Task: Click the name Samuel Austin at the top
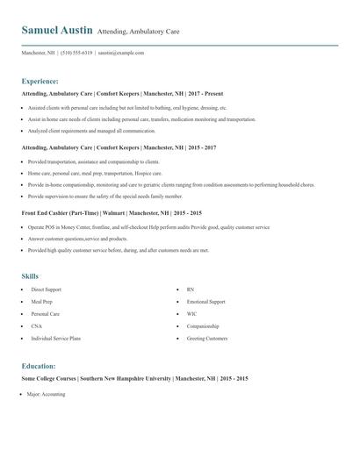57,31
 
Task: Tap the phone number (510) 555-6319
78,53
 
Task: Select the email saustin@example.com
121,53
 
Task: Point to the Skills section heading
31,276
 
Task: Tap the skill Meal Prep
42,301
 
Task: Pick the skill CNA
36,325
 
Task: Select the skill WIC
191,313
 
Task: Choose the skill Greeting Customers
207,338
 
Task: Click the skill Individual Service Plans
56,338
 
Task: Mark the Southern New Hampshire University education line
134,379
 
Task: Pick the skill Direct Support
46,289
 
